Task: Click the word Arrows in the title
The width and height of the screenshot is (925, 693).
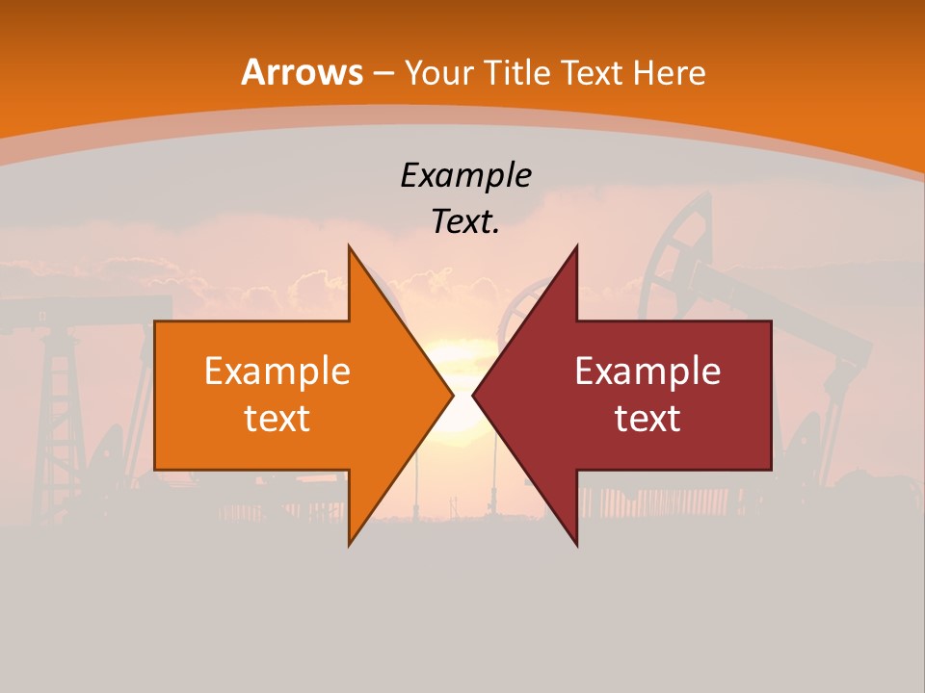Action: tap(303, 72)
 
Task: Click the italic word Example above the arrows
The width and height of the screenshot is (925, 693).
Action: tap(465, 175)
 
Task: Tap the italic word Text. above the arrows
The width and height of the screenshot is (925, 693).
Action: tap(465, 221)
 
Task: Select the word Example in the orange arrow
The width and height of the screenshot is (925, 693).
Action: tap(277, 372)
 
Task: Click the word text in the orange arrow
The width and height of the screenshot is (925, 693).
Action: tap(277, 418)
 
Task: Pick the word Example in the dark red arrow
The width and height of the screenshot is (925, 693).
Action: tap(647, 372)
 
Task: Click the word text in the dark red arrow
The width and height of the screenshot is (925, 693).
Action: tap(647, 418)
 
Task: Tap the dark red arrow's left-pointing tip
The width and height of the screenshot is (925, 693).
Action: tap(474, 395)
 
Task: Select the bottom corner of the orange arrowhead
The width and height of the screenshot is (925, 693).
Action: tap(350, 544)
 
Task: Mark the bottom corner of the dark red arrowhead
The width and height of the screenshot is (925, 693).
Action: tap(576, 544)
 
